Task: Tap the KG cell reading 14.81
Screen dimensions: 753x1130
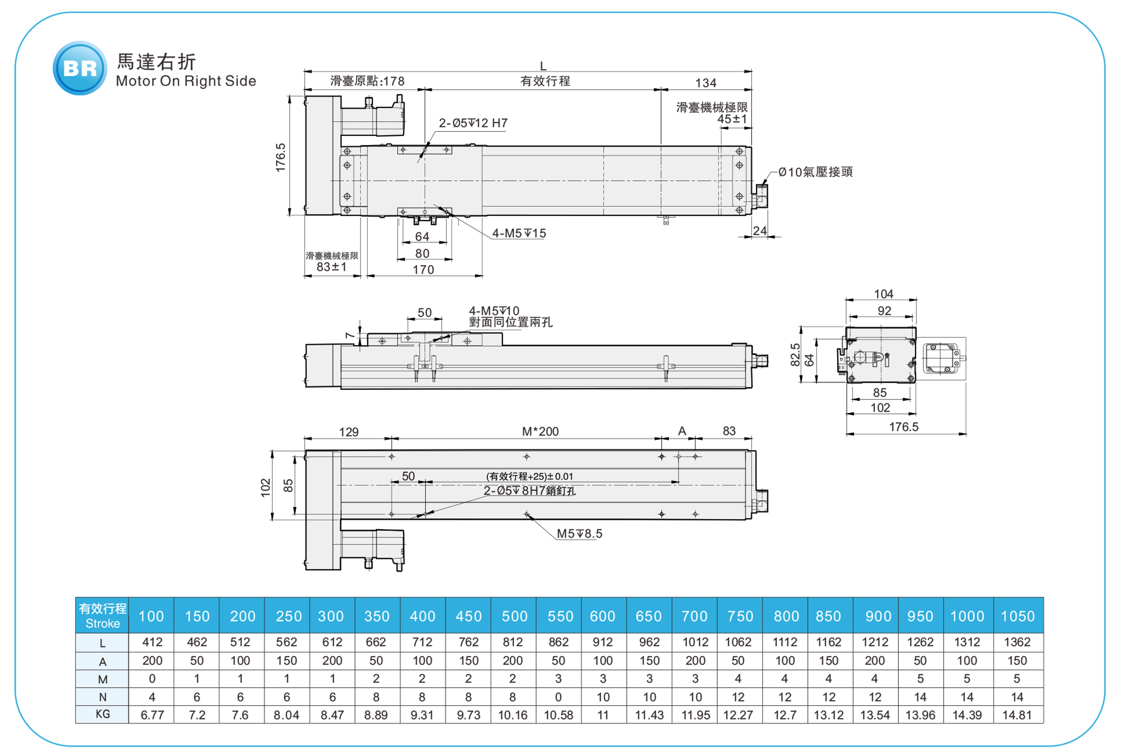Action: pyautogui.click(x=1017, y=715)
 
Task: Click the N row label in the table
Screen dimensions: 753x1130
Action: pyautogui.click(x=102, y=697)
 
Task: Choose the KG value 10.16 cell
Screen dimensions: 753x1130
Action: pyautogui.click(x=513, y=715)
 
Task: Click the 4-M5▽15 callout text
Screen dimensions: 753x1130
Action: pyautogui.click(x=519, y=233)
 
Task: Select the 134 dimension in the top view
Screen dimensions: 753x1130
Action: pyautogui.click(x=706, y=83)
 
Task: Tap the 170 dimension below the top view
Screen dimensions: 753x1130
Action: pyautogui.click(x=423, y=270)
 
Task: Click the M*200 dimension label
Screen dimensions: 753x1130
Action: pyautogui.click(x=540, y=431)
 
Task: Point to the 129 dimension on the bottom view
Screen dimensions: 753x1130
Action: pyautogui.click(x=349, y=432)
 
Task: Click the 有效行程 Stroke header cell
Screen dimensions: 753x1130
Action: pyautogui.click(x=102, y=616)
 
